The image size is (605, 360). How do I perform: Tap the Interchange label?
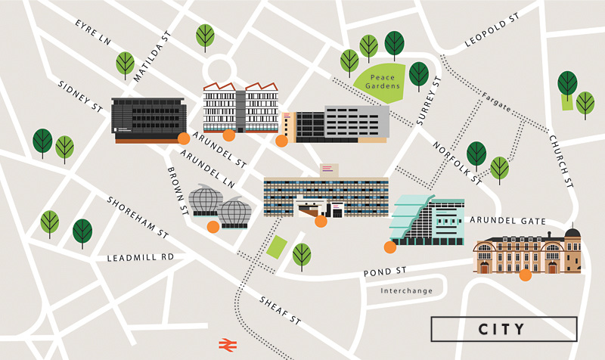coord(406,290)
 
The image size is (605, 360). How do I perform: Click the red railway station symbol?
coord(225,344)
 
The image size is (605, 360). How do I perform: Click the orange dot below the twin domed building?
coord(213,226)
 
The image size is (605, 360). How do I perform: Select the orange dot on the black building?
coord(183,138)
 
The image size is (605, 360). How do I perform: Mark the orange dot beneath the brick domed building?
coord(525,275)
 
